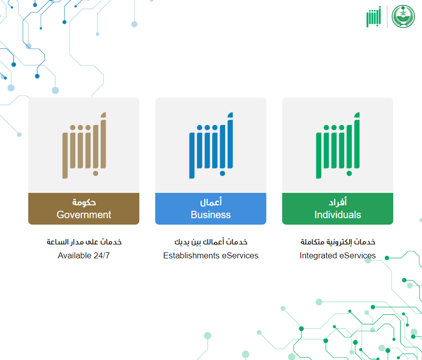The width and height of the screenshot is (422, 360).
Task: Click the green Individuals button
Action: pos(338,209)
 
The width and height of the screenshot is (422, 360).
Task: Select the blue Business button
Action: pos(211,209)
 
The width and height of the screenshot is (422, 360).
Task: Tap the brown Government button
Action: pos(84,209)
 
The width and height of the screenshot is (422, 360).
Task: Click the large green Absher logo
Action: pos(338,145)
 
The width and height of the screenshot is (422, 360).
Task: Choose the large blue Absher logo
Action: pos(211,145)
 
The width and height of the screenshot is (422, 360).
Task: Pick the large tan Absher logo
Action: pos(84,145)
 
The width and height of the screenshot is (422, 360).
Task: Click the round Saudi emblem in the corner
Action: pos(403,16)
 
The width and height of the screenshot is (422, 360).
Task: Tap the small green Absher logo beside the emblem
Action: pos(373,17)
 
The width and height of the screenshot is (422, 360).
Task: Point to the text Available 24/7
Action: pos(84,255)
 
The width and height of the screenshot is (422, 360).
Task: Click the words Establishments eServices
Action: pos(211,255)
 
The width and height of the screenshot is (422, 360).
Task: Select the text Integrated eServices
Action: pos(338,255)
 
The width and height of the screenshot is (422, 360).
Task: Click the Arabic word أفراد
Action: pos(338,202)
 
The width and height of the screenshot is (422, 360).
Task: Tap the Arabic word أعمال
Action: pos(211,202)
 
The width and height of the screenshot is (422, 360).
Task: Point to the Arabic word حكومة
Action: pos(84,202)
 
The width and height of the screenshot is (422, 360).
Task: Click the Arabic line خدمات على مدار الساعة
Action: pos(84,241)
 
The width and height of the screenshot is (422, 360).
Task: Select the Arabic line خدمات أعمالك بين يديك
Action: pos(211,241)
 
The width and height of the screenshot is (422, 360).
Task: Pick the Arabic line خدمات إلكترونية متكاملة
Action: pos(338,241)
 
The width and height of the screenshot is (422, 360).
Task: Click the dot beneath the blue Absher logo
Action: pos(222,173)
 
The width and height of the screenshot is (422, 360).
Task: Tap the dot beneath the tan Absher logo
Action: pos(96,173)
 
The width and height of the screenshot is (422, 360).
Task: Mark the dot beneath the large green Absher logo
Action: pos(349,173)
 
